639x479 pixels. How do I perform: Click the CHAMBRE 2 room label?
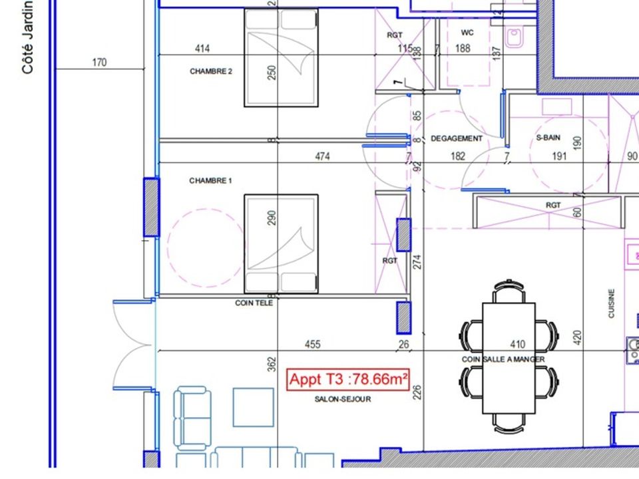coord(211,71)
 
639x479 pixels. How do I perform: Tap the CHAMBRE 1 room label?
coord(210,180)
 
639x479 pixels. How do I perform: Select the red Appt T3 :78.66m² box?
coord(347,380)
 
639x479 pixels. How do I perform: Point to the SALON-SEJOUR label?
coord(343,399)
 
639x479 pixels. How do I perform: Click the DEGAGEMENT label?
coord(457,138)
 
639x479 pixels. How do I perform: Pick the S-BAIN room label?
coord(548,138)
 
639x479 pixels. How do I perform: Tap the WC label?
coord(467,33)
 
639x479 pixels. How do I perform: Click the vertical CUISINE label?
coord(611,303)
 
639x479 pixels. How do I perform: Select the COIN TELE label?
coord(254,303)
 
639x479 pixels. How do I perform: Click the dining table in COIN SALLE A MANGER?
coord(509,358)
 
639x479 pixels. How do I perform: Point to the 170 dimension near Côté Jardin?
coord(99,63)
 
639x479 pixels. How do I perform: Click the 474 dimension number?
coord(322,156)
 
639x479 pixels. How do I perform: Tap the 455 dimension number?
coord(313,345)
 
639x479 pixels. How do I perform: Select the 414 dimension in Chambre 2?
coord(202,49)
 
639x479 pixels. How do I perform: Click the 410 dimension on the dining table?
coord(518,345)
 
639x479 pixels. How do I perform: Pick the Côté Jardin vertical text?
coord(27,37)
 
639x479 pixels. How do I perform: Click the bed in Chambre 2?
coord(281,58)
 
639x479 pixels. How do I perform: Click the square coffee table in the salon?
coord(253,407)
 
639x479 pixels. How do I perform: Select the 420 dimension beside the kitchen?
coord(577,338)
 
